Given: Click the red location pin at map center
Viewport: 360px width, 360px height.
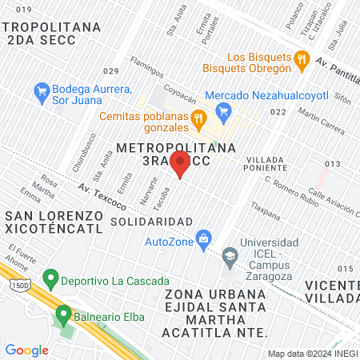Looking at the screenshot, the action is (180, 165).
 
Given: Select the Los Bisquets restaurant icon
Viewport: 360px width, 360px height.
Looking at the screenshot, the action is (301, 58).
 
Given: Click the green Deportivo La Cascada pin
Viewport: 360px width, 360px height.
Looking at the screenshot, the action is (52, 279).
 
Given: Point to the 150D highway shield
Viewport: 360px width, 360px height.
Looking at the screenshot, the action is (9, 284).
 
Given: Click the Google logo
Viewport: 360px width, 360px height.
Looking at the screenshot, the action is (26, 350).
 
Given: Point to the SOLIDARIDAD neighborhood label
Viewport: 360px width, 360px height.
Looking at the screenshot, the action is (151, 221).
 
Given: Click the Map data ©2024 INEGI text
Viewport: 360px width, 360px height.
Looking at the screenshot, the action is (312, 354).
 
